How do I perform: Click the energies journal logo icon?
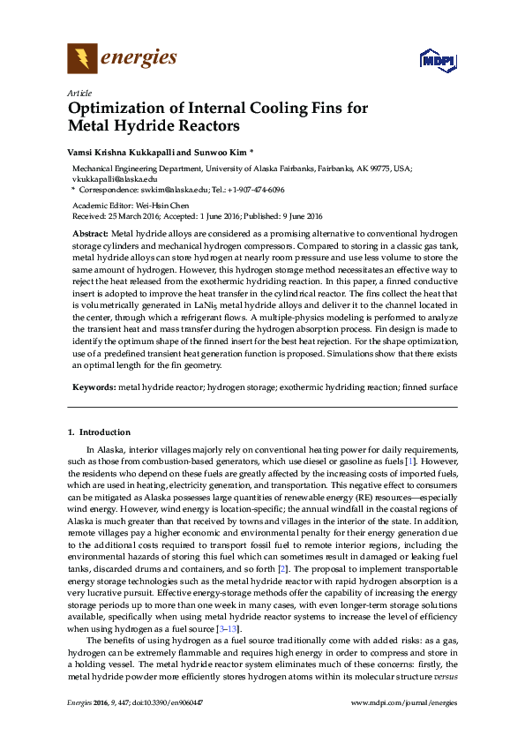[x=82, y=60]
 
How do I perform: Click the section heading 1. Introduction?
[x=99, y=432]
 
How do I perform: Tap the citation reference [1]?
[x=409, y=462]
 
